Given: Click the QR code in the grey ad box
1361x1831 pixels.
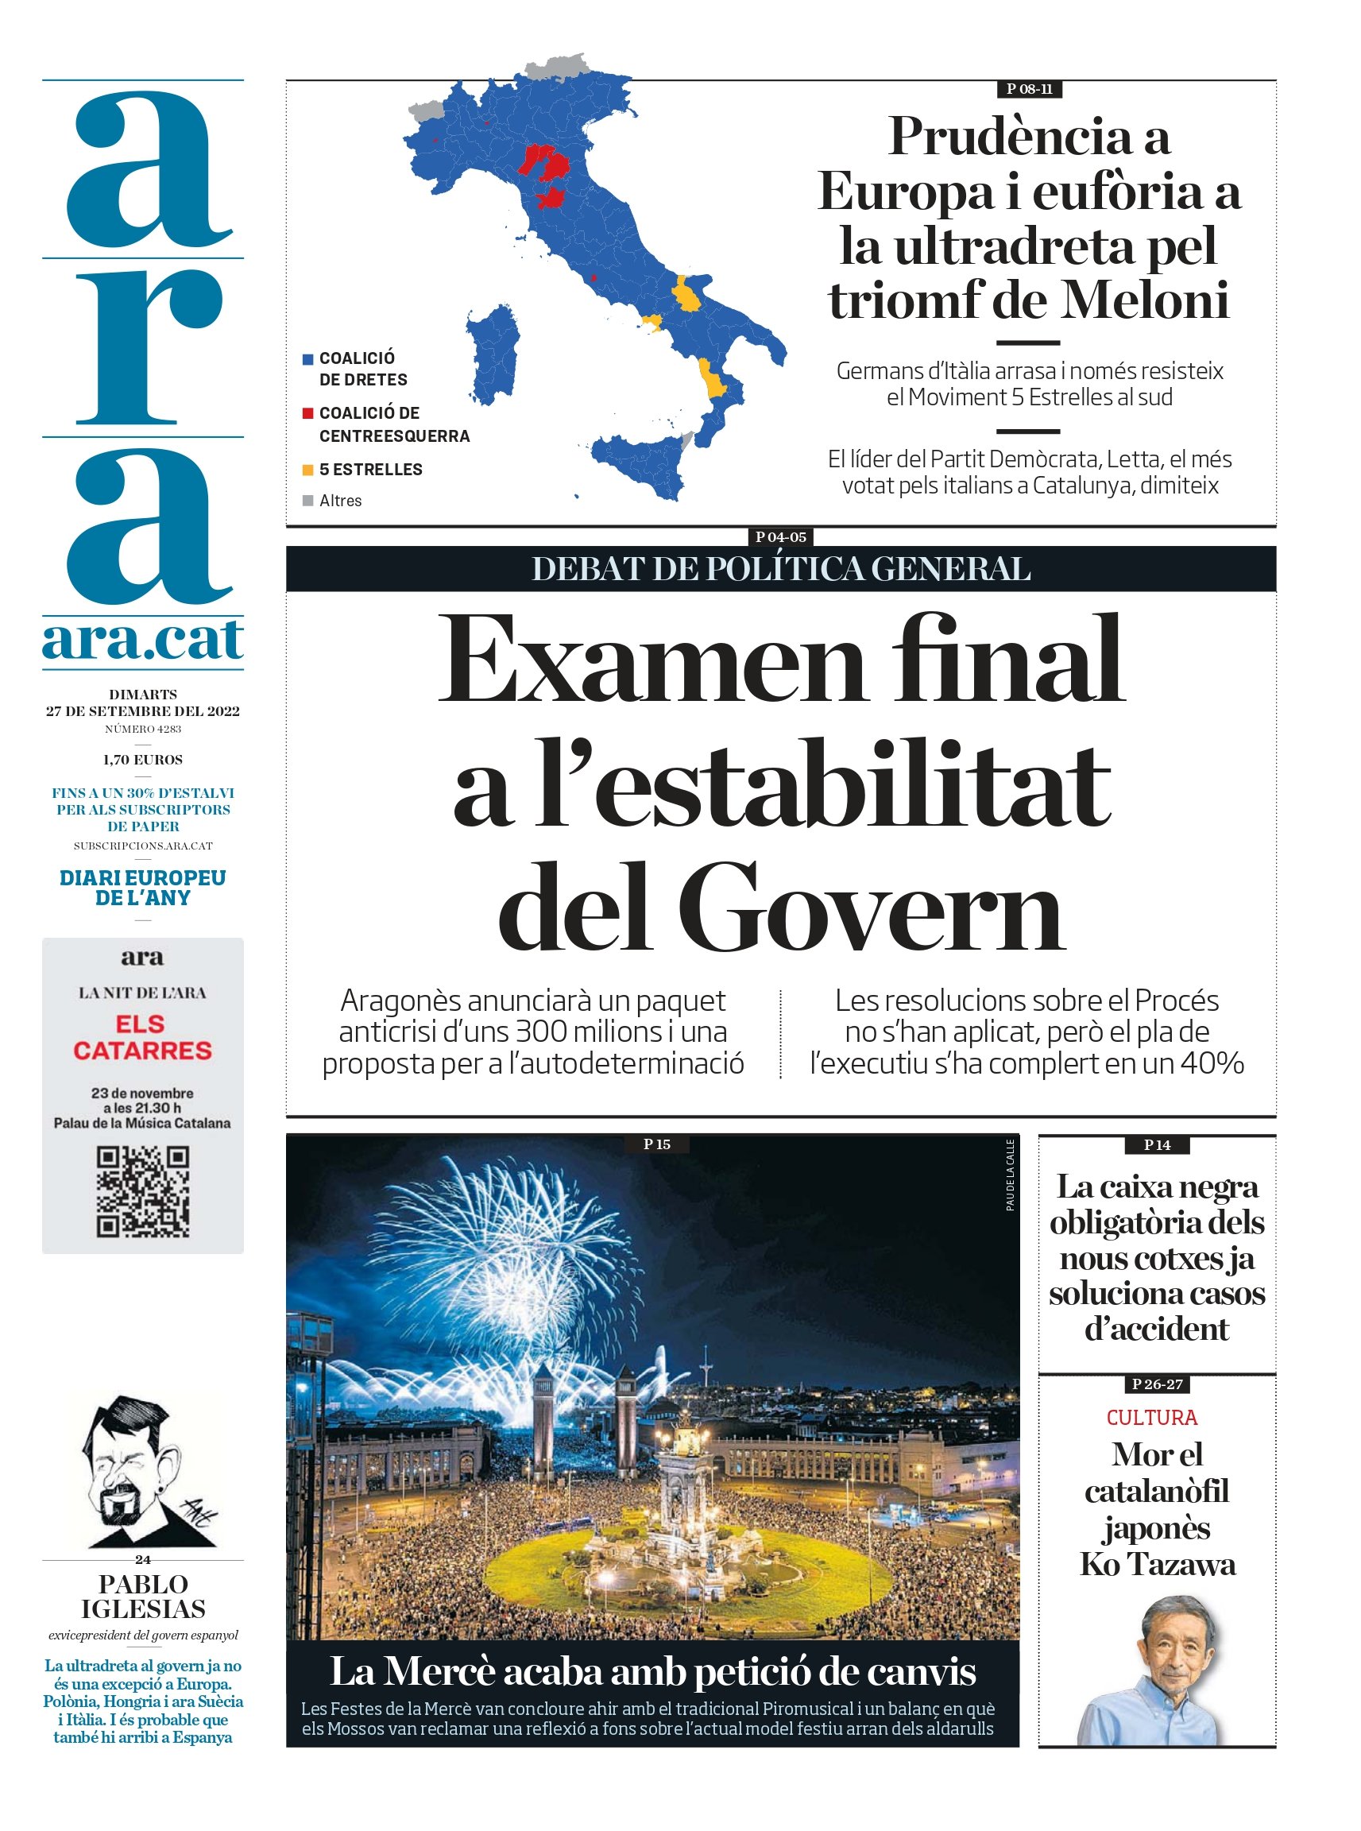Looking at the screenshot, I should point(142,1191).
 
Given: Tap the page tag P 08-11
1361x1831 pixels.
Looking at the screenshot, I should point(1029,89).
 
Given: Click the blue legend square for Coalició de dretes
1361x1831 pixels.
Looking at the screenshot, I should point(308,359).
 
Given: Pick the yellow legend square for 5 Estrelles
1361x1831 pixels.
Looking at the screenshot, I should point(308,470).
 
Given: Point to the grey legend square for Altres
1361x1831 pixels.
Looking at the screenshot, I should point(308,500).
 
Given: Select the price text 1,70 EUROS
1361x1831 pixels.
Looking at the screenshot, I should point(142,760).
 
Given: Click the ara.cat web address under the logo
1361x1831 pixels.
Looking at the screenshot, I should point(142,641).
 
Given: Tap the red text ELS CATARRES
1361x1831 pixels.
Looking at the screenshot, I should point(142,1036).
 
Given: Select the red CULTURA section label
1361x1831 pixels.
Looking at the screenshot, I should point(1152,1417).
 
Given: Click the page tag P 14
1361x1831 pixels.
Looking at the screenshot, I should point(1157,1144).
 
